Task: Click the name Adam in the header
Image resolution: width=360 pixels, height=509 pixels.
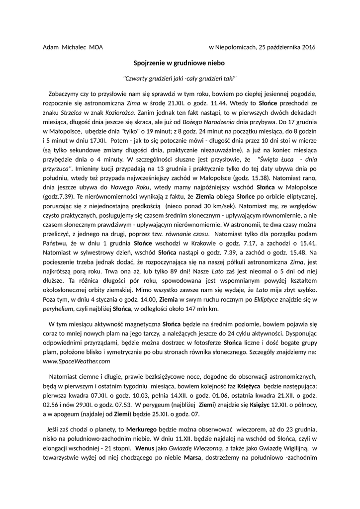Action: click(x=50, y=47)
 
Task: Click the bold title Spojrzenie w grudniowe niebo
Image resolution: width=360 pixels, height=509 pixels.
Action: click(x=180, y=63)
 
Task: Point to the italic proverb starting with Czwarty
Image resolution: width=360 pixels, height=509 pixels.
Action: click(x=180, y=79)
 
